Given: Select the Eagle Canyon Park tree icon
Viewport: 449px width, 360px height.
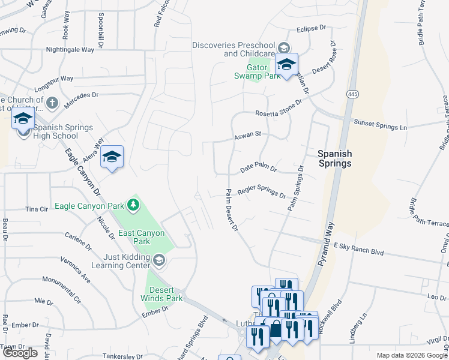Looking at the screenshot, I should click(x=133, y=206).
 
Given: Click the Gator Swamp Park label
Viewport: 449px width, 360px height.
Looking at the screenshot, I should click(x=257, y=71).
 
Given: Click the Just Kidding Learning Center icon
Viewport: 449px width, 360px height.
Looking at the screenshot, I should click(x=158, y=260).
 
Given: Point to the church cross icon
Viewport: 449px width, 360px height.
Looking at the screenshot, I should click(x=52, y=103).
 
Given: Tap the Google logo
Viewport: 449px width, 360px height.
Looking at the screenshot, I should click(x=20, y=353).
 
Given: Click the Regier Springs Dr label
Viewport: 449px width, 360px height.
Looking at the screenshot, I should click(x=262, y=191).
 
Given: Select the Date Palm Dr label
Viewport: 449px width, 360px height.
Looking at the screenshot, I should click(x=258, y=169).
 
